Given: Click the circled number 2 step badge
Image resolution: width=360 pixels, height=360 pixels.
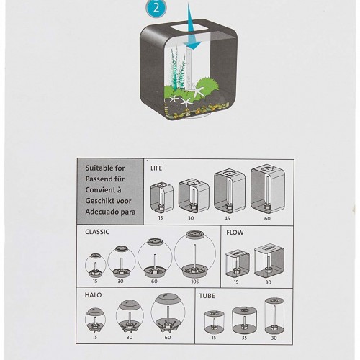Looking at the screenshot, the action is pos(156,9).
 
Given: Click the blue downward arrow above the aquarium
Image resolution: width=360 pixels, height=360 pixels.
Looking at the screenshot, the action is pos(192,29).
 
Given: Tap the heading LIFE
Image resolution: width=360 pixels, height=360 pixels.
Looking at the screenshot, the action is pos(156,168).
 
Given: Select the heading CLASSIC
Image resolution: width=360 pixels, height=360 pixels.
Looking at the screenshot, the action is pos(97,232).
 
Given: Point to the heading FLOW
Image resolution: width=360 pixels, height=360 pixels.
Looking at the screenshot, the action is pos(235,233).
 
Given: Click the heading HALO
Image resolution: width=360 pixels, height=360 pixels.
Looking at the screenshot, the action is pos(93,295).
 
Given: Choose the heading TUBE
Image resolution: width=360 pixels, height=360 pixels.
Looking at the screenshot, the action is pos(207,296).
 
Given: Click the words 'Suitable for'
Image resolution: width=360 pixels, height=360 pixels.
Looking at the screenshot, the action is pos(105,168).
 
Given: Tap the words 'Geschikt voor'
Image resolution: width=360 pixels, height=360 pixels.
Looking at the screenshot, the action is pos(108,201).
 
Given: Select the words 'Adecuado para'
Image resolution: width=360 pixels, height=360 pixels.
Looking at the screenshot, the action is pos(110,212).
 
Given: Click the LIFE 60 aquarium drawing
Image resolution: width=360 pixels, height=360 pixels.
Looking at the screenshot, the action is pos(268,189).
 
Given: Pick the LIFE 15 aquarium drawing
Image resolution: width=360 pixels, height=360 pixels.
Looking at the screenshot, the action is pos(162,197).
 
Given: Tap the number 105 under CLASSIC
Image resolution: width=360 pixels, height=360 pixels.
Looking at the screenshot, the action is pos(195,282).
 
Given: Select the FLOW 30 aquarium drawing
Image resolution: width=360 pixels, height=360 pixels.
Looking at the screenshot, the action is pos(269,261).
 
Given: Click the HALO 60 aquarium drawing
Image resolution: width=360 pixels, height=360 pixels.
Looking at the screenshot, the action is pos(168,313).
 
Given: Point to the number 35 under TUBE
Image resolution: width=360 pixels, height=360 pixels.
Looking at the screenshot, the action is pos(244,338).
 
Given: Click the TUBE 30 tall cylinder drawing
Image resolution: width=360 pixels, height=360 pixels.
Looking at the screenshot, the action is pos(274,316).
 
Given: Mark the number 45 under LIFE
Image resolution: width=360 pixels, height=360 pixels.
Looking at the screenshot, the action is pos(227,218).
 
